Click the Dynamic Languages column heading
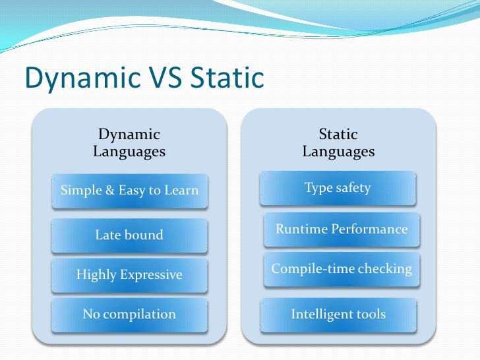point(129,143)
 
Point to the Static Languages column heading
point(338,143)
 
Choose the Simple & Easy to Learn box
point(129,191)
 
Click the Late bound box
point(129,235)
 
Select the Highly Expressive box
point(129,274)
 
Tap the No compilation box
point(129,315)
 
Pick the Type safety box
point(338,188)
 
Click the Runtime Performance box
point(342,229)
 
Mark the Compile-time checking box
point(342,269)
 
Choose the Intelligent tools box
point(338,315)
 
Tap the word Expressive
point(151,274)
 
